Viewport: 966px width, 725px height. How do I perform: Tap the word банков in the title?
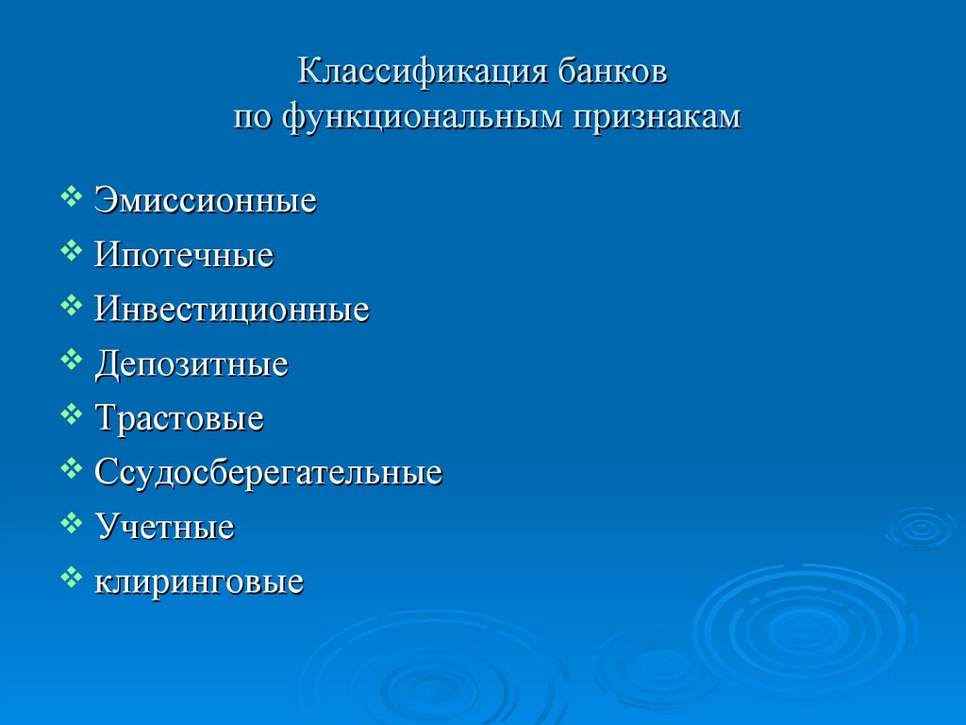tap(618, 73)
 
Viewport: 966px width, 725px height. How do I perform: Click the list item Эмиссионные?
tap(205, 201)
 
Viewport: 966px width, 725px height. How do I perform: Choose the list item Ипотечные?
tap(184, 255)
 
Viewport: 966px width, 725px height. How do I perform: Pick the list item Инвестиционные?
tap(231, 310)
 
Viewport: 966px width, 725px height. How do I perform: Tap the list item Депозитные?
tap(191, 364)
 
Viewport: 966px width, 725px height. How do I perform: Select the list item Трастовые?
tap(178, 418)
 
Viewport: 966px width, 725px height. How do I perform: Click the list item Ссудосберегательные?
tap(268, 473)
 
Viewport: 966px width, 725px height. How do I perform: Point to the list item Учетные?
tap(164, 527)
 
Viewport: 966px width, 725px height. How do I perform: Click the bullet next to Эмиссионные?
tap(71, 196)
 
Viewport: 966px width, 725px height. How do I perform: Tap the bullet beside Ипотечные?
tap(71, 250)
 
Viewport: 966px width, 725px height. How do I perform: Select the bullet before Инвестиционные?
tap(71, 305)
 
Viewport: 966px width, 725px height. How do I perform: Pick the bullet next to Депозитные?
tap(71, 359)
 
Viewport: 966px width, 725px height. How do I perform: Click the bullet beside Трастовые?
tap(71, 413)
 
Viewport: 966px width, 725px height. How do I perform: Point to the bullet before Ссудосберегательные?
tap(71, 467)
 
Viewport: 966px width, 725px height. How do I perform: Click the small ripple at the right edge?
tap(920, 528)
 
